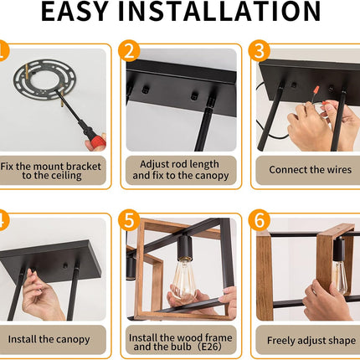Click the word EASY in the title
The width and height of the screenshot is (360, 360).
click(x=75, y=11)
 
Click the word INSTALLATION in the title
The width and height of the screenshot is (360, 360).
click(x=220, y=11)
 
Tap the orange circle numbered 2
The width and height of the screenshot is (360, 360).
click(x=129, y=51)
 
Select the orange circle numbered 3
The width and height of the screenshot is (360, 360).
click(x=260, y=51)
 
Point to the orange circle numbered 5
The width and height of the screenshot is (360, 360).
click(x=129, y=220)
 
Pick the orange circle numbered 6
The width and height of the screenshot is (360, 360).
click(x=260, y=220)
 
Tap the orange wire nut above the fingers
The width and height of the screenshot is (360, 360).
click(x=316, y=90)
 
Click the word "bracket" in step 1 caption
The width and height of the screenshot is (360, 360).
click(x=84, y=167)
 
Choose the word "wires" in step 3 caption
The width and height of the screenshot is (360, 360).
click(x=337, y=170)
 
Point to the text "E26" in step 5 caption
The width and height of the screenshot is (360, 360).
click(x=208, y=347)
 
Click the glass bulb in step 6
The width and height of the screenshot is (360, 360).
click(x=340, y=276)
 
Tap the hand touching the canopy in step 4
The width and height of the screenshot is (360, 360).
click(x=42, y=296)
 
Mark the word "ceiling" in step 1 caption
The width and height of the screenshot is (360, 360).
click(x=67, y=176)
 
